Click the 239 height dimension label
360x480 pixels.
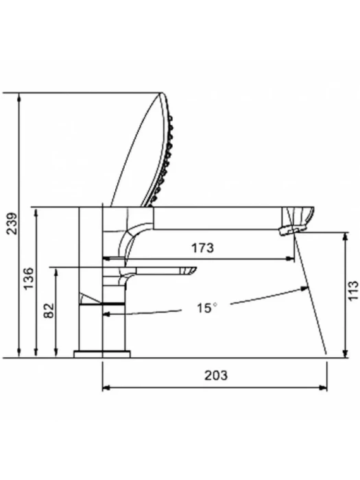[x=12, y=224]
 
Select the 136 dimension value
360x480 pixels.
[x=29, y=278]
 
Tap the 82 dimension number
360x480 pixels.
[x=49, y=311]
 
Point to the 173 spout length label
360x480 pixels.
[x=203, y=248]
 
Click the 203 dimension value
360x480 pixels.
[x=216, y=375]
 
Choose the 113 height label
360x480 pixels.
[x=353, y=291]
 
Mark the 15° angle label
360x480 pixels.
[x=207, y=308]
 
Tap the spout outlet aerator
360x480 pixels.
[x=293, y=230]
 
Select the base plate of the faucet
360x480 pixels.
[x=102, y=355]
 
